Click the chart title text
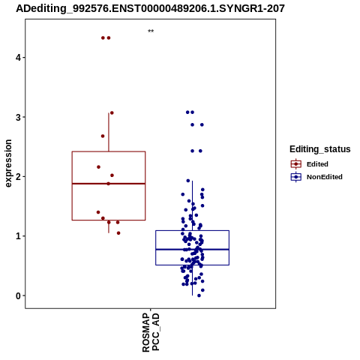[150, 8]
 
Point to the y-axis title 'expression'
[8, 163]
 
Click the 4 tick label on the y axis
[18, 58]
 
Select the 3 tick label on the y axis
[18, 117]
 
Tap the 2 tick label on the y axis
[18, 177]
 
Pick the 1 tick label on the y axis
[18, 236]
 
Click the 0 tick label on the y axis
[18, 295]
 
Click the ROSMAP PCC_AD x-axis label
[151, 333]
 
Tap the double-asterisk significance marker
[151, 31]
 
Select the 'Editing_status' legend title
[319, 149]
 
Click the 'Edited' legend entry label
[317, 164]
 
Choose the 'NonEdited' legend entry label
[325, 177]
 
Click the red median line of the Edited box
[109, 184]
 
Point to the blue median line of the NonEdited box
[192, 249]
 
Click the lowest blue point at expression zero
[199, 295]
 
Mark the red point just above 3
[112, 113]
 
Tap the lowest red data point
[118, 233]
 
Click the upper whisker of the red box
[109, 132]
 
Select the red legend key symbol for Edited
[296, 164]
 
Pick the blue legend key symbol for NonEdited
[296, 177]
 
